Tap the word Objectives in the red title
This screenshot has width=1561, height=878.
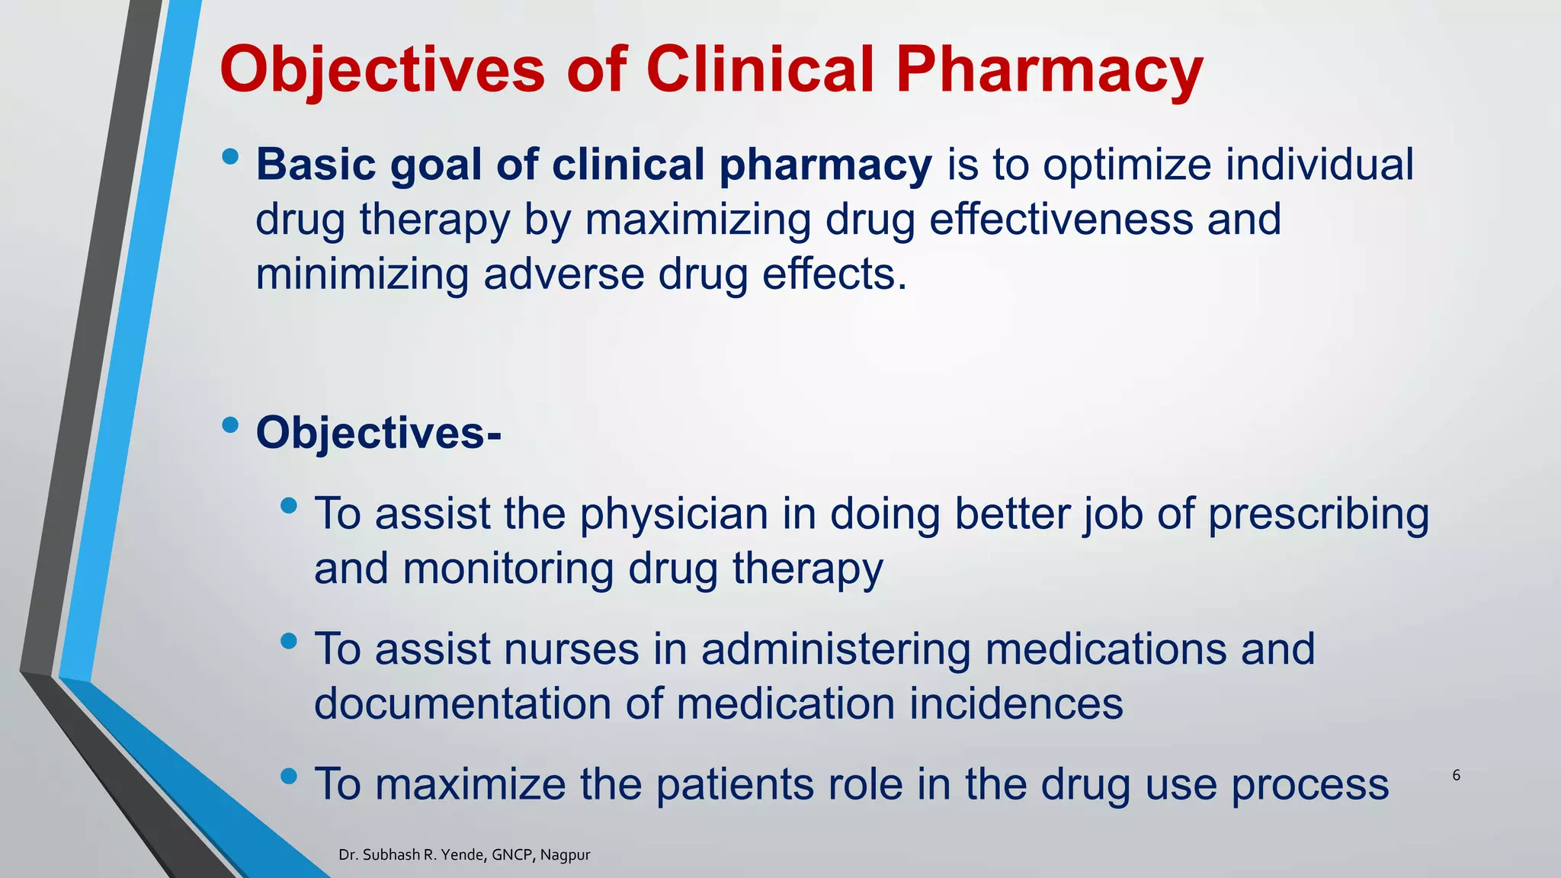[x=382, y=70]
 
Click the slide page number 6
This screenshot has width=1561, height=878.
[x=1456, y=776]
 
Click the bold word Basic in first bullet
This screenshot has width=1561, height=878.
[x=316, y=165]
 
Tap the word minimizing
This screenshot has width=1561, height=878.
[x=361, y=274]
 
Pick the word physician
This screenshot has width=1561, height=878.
[x=674, y=514]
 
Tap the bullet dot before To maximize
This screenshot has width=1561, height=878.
[x=289, y=777]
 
